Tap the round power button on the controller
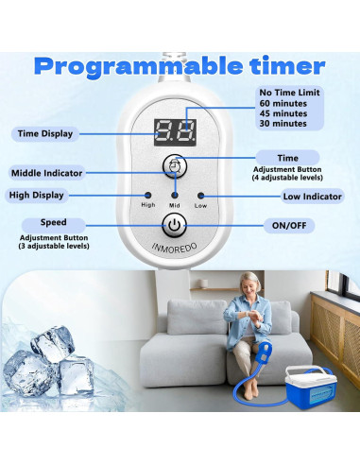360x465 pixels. point(174,225)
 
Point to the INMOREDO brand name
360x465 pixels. point(174,250)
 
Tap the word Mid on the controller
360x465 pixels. point(174,204)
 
